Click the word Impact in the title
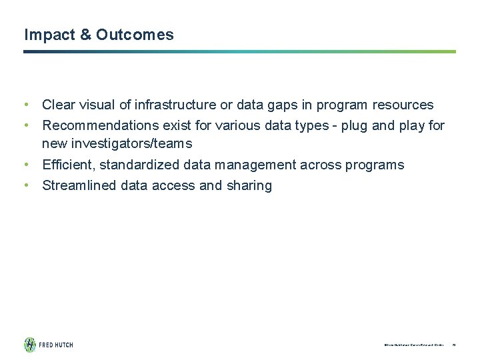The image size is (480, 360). [x=49, y=35]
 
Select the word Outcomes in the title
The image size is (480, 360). [x=135, y=35]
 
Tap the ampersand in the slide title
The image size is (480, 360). [x=87, y=35]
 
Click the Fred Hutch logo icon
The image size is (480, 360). [x=30, y=345]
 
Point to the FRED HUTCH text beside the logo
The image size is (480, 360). [x=56, y=345]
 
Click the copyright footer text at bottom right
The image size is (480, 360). [x=413, y=345]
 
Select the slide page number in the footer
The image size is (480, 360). [x=453, y=345]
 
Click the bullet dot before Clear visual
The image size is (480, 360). [x=25, y=105]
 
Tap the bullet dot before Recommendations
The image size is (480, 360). [x=25, y=125]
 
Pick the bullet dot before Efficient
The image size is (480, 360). [x=25, y=165]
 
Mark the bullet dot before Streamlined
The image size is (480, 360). [x=25, y=185]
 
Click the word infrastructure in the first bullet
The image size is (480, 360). [x=175, y=105]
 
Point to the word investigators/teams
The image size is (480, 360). [x=131, y=143]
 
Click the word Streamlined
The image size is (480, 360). [x=79, y=185]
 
